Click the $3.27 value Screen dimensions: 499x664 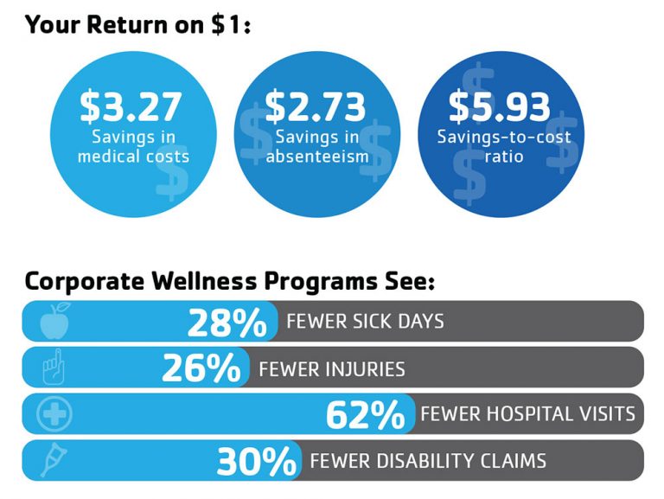point(131,106)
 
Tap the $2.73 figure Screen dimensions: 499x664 point(316,106)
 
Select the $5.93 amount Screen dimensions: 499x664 point(499,106)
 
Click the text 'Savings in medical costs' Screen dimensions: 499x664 point(132,147)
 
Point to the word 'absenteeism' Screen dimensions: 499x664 point(317,157)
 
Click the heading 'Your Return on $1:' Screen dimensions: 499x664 point(138,23)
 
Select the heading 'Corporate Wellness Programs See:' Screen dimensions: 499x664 point(229,281)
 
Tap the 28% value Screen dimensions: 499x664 point(227,323)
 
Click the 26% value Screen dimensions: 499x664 point(201,369)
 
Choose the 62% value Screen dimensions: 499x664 point(365,415)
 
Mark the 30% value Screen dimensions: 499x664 point(256,461)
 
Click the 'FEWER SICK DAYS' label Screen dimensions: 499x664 point(365,322)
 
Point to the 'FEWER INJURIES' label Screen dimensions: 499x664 point(331,369)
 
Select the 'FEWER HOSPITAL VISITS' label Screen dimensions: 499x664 point(527,414)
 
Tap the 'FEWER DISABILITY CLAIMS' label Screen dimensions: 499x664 point(428,461)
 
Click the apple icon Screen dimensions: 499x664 point(54,322)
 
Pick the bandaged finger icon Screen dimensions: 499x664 point(54,368)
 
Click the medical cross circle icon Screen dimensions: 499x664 point(54,415)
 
